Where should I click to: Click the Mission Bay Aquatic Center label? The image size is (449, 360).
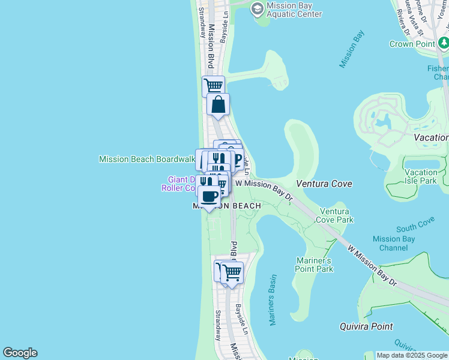(x=294, y=10)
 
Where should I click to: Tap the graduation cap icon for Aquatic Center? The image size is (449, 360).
(x=258, y=8)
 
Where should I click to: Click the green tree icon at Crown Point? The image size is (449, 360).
(x=443, y=43)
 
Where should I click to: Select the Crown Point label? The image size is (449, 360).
(x=411, y=44)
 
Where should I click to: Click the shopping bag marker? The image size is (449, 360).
(x=218, y=104)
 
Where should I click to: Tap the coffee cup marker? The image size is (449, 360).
(x=209, y=196)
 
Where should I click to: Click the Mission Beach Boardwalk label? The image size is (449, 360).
(x=146, y=159)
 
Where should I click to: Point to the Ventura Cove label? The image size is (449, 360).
(x=324, y=184)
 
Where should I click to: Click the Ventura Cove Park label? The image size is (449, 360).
(x=336, y=215)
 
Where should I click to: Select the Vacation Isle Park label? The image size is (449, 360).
(x=420, y=176)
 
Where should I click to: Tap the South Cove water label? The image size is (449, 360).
(x=415, y=227)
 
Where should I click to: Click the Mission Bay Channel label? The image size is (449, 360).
(x=393, y=243)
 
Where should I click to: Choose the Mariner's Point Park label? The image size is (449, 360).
(x=313, y=265)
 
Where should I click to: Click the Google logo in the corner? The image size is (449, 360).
(x=20, y=353)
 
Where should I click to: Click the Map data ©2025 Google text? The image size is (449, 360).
(x=412, y=355)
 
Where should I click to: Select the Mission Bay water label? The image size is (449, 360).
(x=352, y=49)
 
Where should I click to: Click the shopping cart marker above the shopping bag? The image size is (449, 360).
(x=213, y=86)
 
